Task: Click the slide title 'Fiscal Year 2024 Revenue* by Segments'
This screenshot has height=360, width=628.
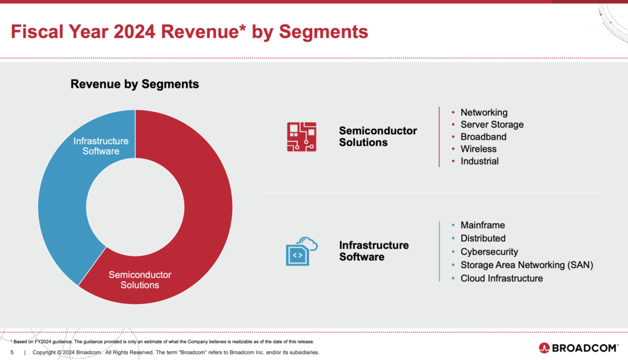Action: coord(190,32)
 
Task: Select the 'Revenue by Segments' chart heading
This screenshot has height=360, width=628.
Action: coord(135,84)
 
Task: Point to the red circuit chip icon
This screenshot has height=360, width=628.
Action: coord(301,136)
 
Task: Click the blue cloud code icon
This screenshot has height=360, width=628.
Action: coord(301,250)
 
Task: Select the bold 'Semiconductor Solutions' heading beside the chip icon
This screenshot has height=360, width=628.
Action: coord(378,136)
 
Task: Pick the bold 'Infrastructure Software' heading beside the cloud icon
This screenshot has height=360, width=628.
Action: coord(373,251)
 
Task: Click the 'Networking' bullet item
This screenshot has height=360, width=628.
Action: coord(484,112)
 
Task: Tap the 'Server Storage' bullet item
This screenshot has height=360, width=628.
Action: coord(492,124)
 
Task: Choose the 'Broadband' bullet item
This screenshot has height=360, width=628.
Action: coord(483,137)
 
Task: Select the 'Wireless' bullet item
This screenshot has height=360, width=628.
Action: coord(478,149)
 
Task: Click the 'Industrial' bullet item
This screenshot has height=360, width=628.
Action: coord(480,161)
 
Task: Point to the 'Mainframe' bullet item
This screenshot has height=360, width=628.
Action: coord(483,225)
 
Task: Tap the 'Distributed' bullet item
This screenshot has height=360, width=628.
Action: coord(483,238)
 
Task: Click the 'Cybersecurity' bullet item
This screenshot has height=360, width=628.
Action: coord(489,251)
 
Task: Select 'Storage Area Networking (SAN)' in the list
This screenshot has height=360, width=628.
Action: coord(526,265)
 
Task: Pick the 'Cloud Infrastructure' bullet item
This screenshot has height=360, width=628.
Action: coord(502,278)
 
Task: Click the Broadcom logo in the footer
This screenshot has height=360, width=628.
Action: coord(579,348)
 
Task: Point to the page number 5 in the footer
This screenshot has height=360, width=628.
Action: coord(12,353)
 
